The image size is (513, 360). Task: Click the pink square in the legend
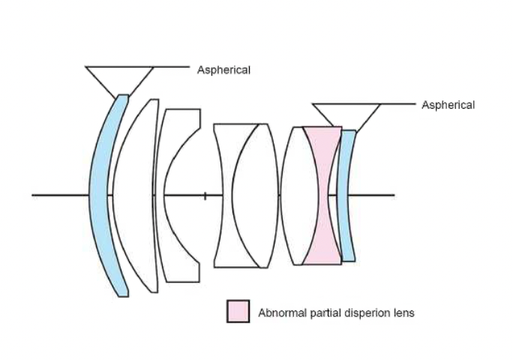238,311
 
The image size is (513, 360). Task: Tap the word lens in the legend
403,313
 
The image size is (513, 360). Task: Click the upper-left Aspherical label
223,70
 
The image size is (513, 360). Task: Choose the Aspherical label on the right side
448,105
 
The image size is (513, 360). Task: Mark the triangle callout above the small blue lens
346,115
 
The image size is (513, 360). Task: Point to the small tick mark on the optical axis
205,196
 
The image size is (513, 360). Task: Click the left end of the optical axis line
33,196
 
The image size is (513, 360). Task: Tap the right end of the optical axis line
393,196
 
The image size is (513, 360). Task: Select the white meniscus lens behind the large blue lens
135,195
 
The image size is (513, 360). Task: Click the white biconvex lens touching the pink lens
296,195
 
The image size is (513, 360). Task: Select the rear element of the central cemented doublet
259,195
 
